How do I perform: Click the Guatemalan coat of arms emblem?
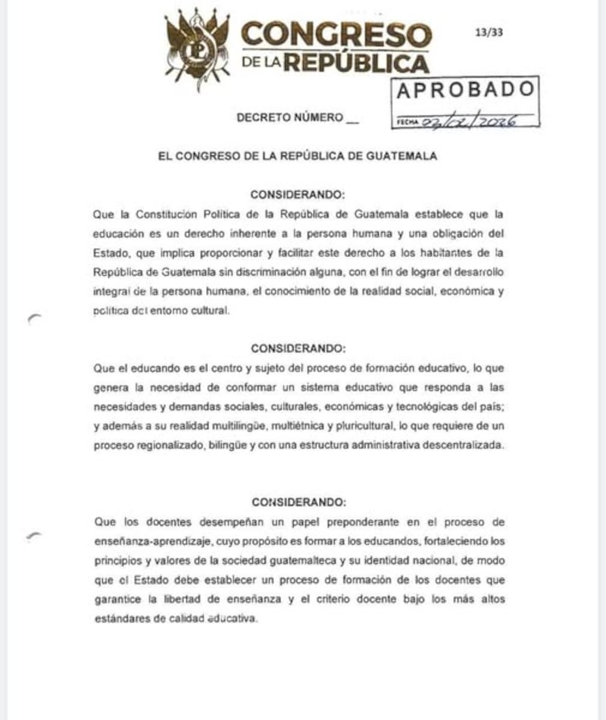point(197,47)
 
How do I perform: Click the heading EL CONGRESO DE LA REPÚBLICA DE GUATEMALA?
point(298,156)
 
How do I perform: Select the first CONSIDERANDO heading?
point(298,194)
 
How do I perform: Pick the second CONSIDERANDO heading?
point(298,349)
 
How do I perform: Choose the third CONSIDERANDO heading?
point(298,502)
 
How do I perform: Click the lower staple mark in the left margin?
point(34,535)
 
